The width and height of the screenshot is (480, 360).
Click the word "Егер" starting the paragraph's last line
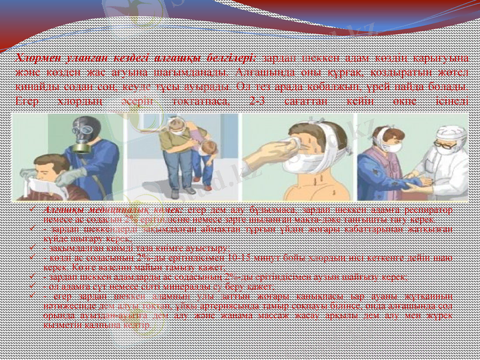coord(27,101)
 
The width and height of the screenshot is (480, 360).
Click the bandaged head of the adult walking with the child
coord(178,125)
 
